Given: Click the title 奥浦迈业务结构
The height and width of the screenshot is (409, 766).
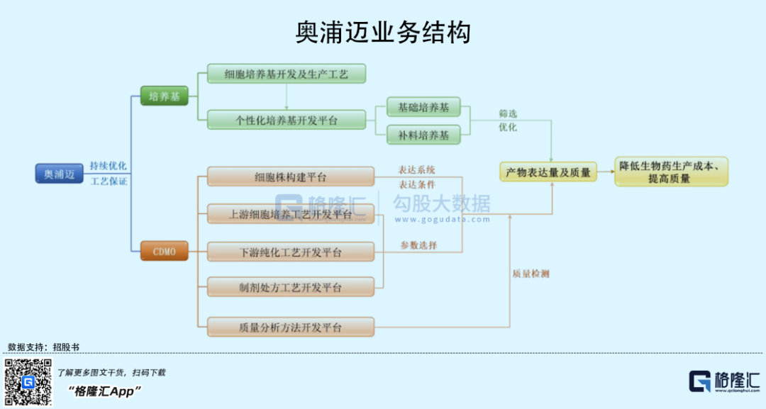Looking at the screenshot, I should coord(383,33).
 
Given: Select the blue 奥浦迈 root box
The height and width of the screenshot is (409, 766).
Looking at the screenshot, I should coord(59,174).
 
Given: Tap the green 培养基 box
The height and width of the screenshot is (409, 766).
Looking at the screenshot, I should coord(164,96).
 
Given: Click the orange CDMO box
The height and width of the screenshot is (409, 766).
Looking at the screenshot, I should coord(164,251).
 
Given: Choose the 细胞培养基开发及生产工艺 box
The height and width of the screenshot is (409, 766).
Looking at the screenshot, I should coord(286,74).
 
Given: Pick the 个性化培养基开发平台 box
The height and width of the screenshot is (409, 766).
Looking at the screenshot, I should coord(286,120).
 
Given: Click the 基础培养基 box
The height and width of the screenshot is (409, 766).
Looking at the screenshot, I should coord(423,108).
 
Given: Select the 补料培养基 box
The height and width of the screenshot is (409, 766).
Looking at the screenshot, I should coord(423,135).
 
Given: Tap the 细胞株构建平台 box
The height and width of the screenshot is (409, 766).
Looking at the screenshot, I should coord(290,177).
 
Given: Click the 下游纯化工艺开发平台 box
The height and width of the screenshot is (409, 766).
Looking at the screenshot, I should coord(290,252).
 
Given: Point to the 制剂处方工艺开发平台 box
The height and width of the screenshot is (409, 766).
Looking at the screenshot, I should coord(290,287).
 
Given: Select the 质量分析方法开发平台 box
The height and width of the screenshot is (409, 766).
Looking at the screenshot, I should coord(290,327).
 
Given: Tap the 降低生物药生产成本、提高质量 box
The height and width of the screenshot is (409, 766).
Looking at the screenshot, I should coord(670,172).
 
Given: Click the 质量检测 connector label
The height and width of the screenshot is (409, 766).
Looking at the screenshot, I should coord(531,274).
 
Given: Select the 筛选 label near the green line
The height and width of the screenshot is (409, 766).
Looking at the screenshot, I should coord(508,113).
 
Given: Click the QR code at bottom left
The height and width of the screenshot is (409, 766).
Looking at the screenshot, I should coord(28,382).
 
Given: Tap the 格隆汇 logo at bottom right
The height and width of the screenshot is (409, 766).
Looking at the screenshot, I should coord(724,381).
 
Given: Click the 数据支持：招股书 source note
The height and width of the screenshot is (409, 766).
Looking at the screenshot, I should coord(44,347).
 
